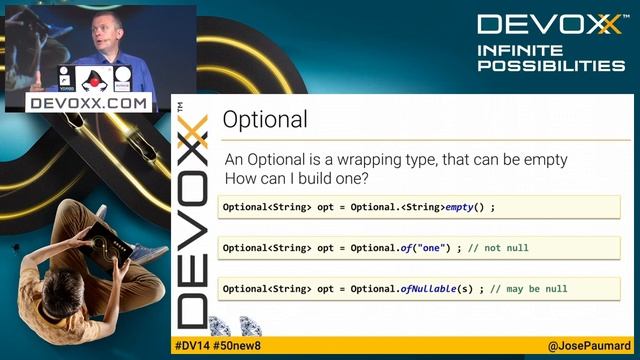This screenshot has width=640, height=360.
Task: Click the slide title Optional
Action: pyautogui.click(x=264, y=121)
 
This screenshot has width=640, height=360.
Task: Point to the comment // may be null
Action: pyautogui.click(x=529, y=289)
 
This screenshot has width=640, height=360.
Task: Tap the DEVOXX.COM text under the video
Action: pyautogui.click(x=89, y=102)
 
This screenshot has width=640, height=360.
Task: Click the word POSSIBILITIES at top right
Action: pyautogui.click(x=551, y=65)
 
